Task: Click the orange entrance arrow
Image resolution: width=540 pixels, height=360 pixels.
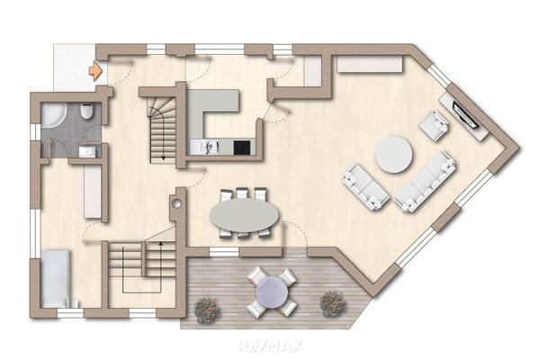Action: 95,70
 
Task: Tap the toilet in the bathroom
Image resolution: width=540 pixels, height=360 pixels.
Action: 86,111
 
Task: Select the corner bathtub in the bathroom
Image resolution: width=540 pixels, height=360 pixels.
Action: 52,116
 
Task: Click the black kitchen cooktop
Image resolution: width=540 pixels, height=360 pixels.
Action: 242,148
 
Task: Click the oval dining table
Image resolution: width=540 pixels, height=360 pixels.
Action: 244,215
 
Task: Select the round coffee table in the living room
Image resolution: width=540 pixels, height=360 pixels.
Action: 393,154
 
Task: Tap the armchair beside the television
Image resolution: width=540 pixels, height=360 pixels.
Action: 434,125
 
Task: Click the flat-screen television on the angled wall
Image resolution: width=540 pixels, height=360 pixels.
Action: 465,114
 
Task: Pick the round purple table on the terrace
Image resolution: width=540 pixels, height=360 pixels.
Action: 272,292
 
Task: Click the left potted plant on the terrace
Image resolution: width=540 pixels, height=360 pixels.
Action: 207,310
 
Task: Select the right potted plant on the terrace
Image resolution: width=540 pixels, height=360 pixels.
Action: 333,304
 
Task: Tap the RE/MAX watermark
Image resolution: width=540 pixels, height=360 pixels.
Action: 271,346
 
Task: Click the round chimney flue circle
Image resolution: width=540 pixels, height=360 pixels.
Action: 176,203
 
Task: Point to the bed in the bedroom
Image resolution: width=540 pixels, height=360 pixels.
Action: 56,278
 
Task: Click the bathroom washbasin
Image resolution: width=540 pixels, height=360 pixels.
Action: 86,151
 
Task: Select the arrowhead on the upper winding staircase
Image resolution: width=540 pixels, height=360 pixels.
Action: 163,158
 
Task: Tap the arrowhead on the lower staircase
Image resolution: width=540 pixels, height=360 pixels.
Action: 160,244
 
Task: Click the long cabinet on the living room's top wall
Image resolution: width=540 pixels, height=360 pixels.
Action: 370,65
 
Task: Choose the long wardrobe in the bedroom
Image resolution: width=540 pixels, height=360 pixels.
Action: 93,191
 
